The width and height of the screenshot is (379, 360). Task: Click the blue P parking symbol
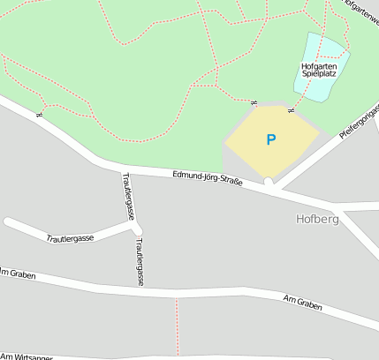(270, 139)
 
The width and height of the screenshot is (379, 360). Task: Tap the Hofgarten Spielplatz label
(320, 71)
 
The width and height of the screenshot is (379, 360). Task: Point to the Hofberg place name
(317, 218)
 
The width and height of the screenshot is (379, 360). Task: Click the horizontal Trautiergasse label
(70, 238)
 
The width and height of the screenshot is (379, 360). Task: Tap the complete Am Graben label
(302, 305)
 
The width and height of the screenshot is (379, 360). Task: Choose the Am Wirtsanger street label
(26, 356)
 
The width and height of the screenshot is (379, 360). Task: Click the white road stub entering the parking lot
(269, 182)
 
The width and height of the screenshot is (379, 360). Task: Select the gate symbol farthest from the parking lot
(39, 114)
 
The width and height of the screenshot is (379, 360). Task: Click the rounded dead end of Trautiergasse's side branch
(8, 221)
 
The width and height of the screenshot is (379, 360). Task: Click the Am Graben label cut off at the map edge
(17, 274)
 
